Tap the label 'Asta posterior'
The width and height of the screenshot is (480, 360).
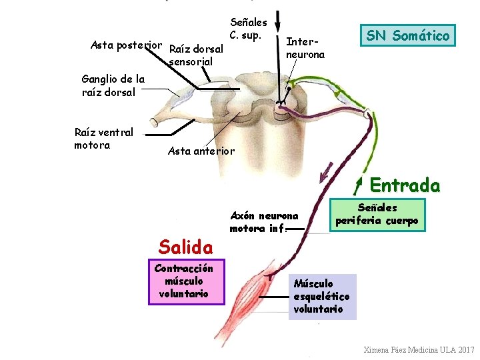pyautogui.click(x=126, y=45)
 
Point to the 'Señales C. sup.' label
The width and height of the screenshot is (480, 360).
pyautogui.click(x=248, y=29)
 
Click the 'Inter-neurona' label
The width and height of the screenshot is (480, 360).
pyautogui.click(x=305, y=48)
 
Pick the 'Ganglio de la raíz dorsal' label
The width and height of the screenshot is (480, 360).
pyautogui.click(x=113, y=85)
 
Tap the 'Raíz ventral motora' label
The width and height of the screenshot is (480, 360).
pyautogui.click(x=103, y=139)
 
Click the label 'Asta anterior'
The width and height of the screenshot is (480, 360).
pyautogui.click(x=201, y=151)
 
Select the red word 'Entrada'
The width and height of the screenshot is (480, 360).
pyautogui.click(x=405, y=185)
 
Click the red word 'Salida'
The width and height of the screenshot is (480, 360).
pyautogui.click(x=185, y=247)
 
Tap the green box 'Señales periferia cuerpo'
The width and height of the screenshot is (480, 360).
pyautogui.click(x=377, y=214)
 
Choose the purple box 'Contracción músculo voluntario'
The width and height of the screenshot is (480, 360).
pyautogui.click(x=183, y=281)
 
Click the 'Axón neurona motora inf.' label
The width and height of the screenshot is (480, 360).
pyautogui.click(x=263, y=222)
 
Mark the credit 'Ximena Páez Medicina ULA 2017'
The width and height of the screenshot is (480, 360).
pyautogui.click(x=419, y=350)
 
